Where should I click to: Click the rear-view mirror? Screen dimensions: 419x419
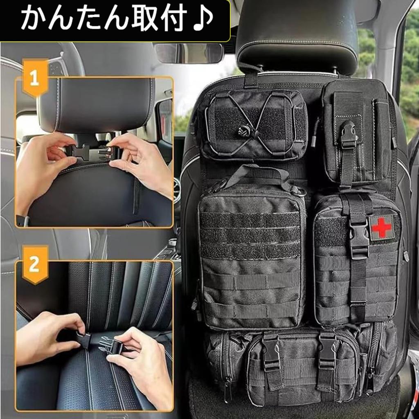tap(189, 53)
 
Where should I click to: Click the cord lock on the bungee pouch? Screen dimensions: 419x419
tap(243, 131)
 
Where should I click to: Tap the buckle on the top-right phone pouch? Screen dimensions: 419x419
tap(348, 135)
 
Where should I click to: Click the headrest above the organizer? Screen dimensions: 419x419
tap(297, 37)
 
